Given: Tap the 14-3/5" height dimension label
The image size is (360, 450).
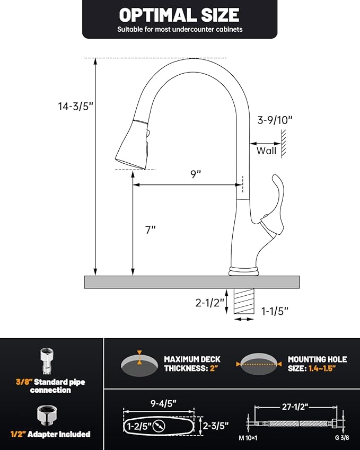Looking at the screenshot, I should pyautogui.click(x=75, y=105).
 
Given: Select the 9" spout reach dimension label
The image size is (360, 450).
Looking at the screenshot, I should pyautogui.click(x=197, y=174).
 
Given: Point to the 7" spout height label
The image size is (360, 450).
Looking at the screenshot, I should pyautogui.click(x=151, y=230).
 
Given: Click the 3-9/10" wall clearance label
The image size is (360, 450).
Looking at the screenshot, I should pyautogui.click(x=275, y=120).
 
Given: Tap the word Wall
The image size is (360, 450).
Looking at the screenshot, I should pyautogui.click(x=267, y=151).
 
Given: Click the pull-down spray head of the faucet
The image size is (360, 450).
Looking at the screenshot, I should pyautogui.click(x=133, y=144).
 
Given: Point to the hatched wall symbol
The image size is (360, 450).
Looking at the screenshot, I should pyautogui.click(x=284, y=143).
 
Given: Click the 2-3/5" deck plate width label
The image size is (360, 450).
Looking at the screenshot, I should pyautogui.click(x=216, y=425).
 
